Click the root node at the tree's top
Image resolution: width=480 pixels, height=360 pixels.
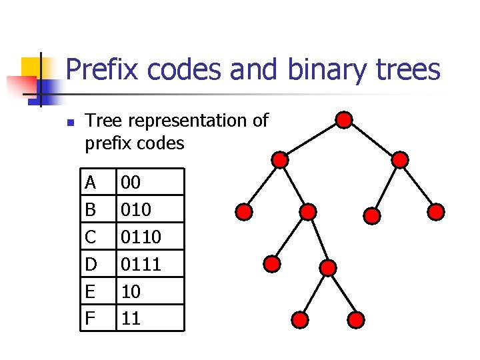point(343,120)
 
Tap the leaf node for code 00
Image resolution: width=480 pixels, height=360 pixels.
point(245,213)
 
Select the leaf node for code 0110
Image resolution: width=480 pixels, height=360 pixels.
point(301,320)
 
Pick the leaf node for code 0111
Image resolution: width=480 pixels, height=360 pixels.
point(357,320)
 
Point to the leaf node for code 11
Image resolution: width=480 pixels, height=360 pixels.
point(435,212)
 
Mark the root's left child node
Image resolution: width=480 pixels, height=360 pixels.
point(281,160)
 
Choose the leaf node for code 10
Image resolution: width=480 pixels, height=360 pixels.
point(372,215)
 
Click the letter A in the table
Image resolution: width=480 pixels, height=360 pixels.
point(91,182)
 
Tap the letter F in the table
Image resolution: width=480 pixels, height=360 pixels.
point(90,319)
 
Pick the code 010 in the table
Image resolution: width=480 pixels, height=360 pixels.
point(135,210)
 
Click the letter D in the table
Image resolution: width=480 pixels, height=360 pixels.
point(91,265)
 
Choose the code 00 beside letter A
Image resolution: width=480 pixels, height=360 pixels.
point(131,182)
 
